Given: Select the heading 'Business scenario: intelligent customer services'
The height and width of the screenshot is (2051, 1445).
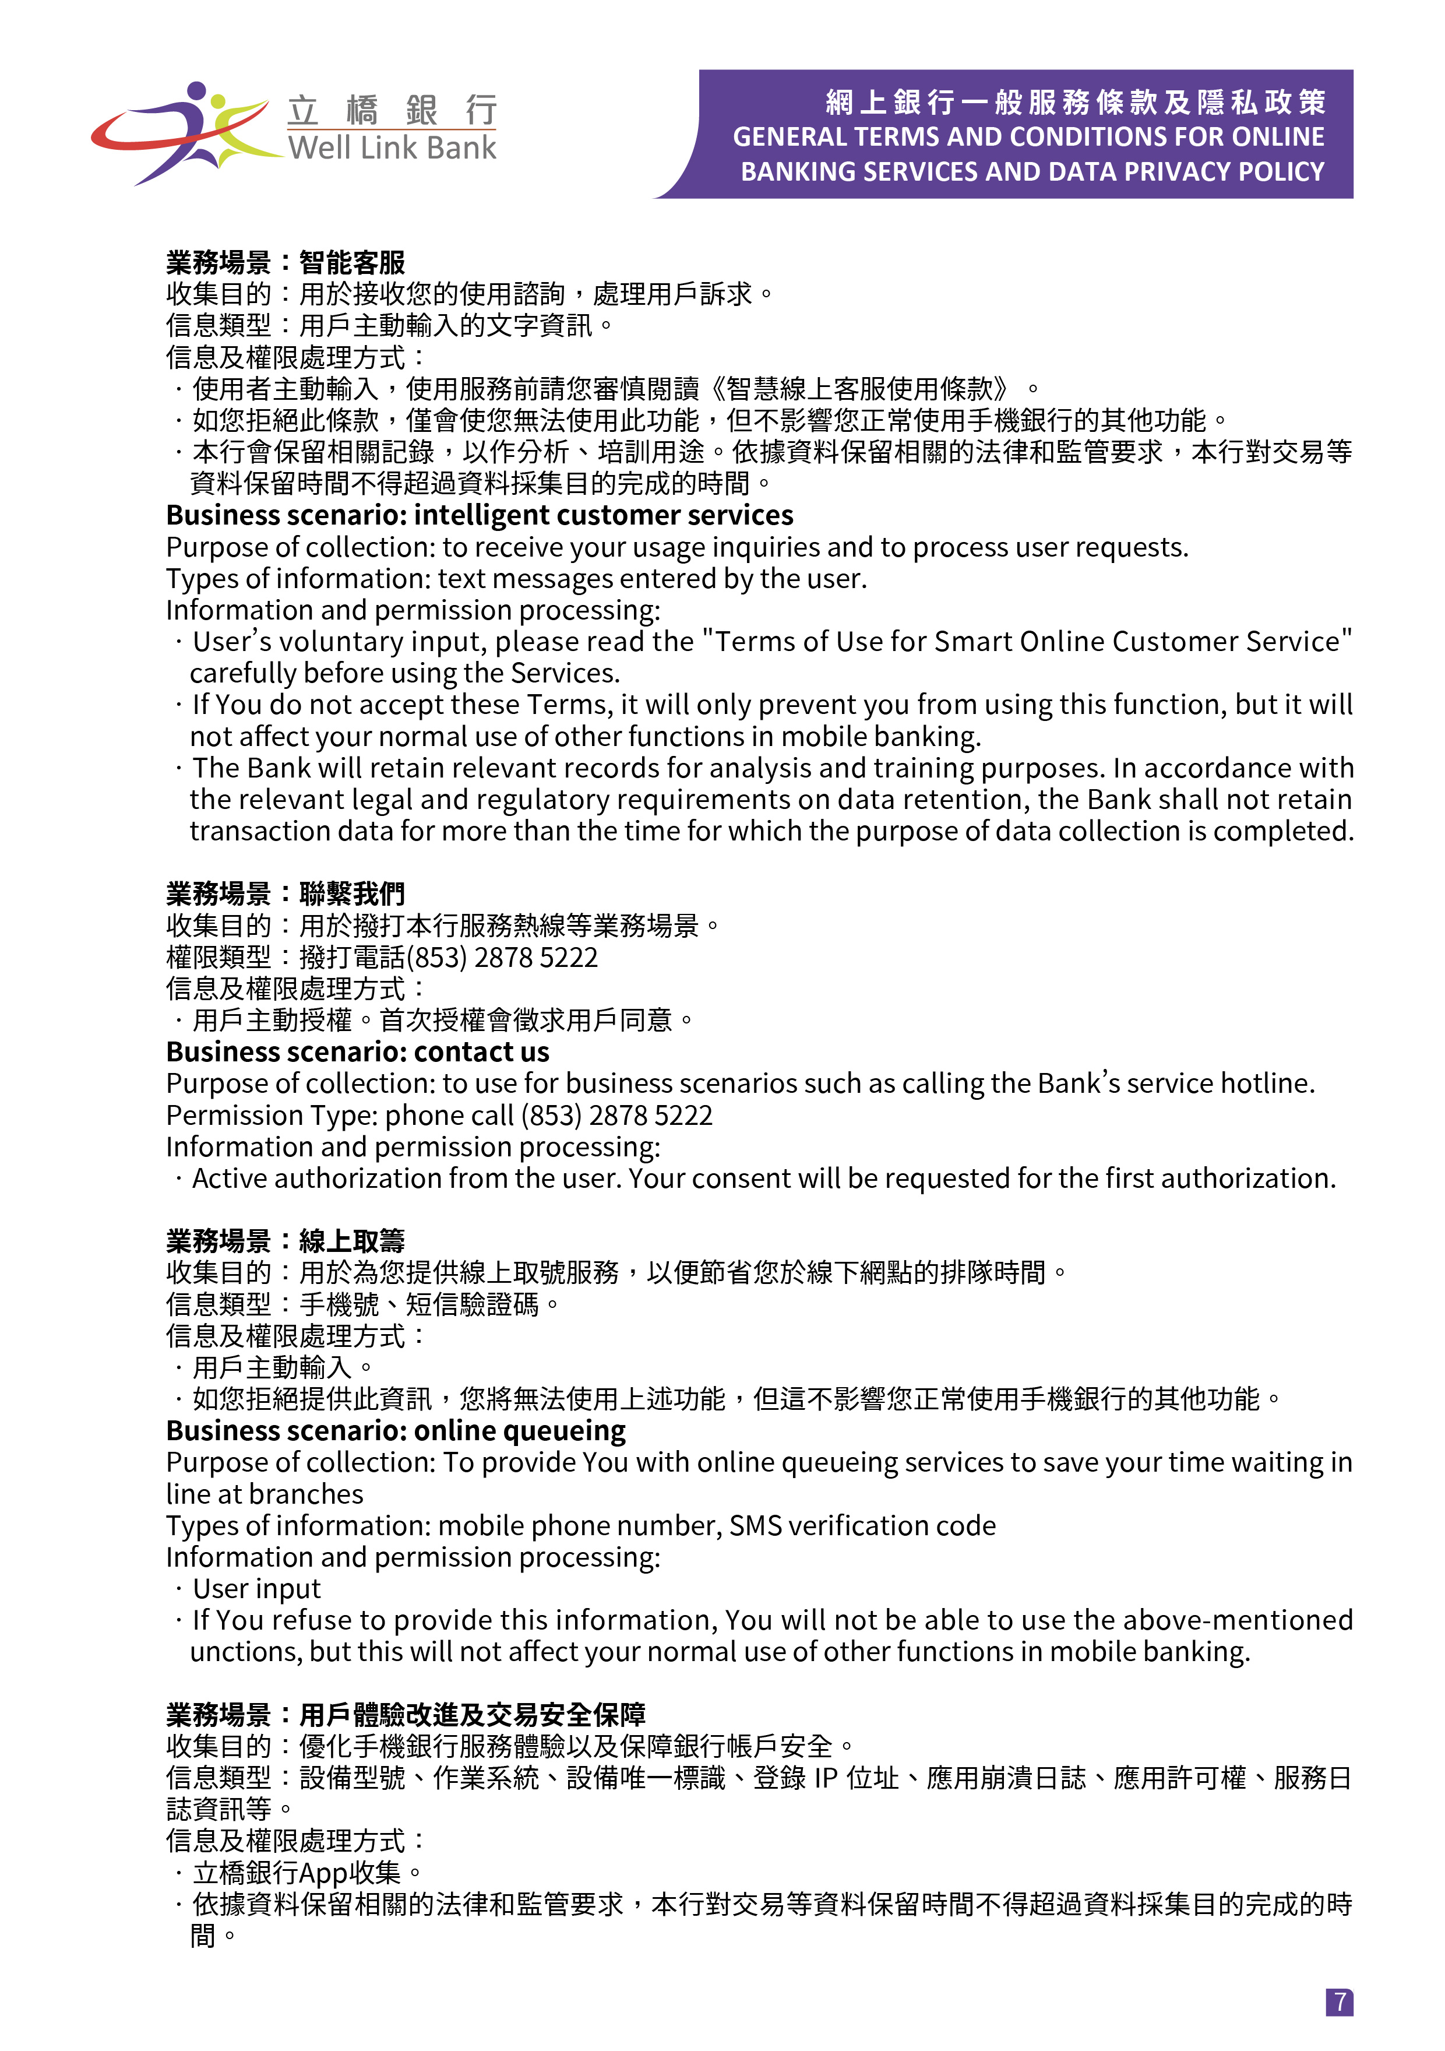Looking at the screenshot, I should click(479, 515).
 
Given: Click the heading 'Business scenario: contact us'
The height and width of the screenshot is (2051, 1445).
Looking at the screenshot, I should click(357, 1051).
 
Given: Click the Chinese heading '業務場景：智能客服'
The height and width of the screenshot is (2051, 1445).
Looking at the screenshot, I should click(285, 263).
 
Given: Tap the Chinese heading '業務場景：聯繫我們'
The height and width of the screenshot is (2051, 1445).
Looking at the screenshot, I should click(285, 893).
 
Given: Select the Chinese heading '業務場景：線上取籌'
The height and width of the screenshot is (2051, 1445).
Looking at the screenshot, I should click(285, 1241).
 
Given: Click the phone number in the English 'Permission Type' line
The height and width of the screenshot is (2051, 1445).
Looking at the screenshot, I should click(616, 1116).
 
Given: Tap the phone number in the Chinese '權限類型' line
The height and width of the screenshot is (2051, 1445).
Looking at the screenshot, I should click(502, 958).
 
